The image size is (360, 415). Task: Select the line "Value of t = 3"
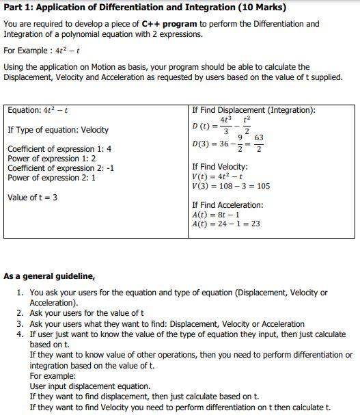pyautogui.click(x=32, y=198)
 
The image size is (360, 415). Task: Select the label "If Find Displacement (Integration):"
pyautogui.click(x=253, y=110)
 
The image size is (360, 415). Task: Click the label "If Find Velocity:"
pyautogui.click(x=220, y=167)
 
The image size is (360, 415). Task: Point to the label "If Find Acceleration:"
pyautogui.click(x=227, y=204)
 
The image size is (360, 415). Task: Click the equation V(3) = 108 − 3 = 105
pyautogui.click(x=231, y=186)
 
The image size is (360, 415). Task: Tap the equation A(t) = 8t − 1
pyautogui.click(x=217, y=214)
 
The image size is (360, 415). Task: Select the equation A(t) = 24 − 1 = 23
pyautogui.click(x=226, y=224)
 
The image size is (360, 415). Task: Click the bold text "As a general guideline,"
pyautogui.click(x=50, y=276)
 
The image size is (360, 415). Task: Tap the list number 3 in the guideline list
pyautogui.click(x=20, y=323)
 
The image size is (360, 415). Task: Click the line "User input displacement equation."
pyautogui.click(x=90, y=386)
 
